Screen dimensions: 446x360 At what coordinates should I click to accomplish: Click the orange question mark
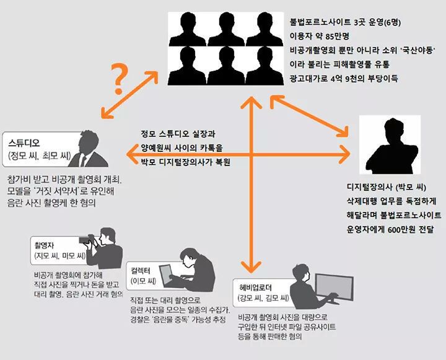tap(120, 79)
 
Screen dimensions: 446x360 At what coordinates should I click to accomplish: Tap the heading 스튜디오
tap(24, 143)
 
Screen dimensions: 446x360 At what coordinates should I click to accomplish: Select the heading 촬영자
tap(44, 245)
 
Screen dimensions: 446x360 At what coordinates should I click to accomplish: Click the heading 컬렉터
tap(140, 270)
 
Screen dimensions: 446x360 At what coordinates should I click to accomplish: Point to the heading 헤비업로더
tap(255, 288)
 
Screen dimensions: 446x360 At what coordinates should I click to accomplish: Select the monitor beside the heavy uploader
tap(334, 288)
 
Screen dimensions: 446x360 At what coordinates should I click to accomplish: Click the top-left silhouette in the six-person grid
tap(188, 29)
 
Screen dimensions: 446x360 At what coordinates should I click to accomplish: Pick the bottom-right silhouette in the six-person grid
tap(265, 66)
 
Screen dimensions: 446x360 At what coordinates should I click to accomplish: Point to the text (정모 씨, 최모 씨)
tap(40, 156)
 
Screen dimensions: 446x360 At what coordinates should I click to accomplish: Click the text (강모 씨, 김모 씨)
tap(263, 298)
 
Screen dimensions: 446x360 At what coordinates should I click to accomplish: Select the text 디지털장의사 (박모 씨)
tap(387, 187)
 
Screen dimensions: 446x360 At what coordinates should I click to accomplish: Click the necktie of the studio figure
tap(83, 160)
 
